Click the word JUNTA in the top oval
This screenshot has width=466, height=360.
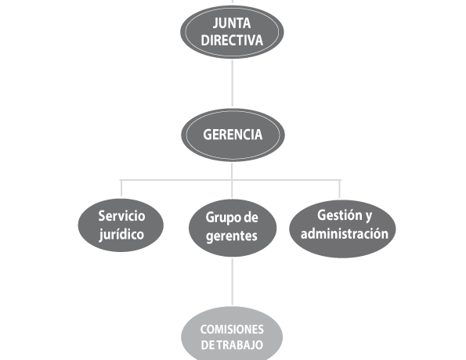[232, 23]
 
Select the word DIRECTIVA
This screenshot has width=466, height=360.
[232, 40]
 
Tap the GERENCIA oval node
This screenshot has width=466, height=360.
[233, 135]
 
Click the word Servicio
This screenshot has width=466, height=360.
[121, 216]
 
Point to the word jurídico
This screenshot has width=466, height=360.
[121, 235]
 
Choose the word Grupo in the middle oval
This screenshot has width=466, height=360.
[220, 218]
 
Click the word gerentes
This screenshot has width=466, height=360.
[232, 236]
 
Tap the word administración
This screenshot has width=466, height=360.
[345, 233]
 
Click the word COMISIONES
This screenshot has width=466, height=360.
[232, 329]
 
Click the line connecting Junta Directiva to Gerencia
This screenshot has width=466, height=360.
[232, 83]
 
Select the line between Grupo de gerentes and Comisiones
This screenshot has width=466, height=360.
[232, 282]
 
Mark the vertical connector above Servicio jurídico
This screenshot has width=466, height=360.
[121, 189]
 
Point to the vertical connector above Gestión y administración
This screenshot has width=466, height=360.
[340, 189]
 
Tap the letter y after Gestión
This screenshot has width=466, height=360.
[369, 216]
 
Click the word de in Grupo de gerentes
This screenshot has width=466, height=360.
[251, 217]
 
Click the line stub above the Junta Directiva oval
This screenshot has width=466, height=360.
[232, 2]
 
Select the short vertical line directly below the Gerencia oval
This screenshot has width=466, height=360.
[232, 171]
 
